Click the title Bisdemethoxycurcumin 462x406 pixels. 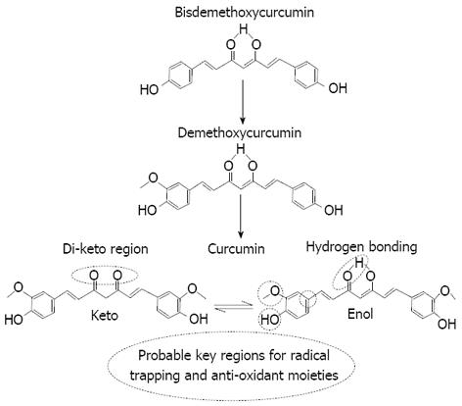pos(245,12)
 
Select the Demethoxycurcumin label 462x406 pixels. pos(240,133)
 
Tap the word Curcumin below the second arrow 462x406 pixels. pos(236,249)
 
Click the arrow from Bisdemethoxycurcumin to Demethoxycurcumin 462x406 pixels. pos(242,101)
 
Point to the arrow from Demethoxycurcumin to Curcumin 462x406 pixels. pos(241,216)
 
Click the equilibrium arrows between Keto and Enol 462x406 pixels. pos(234,307)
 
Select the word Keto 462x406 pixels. pos(105,316)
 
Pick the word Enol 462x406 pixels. pos(360,314)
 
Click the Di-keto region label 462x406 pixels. pos(106,249)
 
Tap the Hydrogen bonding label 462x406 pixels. pos(361,247)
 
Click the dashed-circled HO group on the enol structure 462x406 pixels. pos(269,320)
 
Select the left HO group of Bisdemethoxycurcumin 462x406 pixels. pos(149,89)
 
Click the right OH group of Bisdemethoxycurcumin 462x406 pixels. pos(338,88)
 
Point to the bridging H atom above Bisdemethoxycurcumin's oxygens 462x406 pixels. pos(243,29)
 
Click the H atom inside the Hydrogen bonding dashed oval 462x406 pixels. pos(359,262)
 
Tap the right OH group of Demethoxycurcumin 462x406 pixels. pos(334,210)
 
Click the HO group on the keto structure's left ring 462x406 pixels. pos(14,320)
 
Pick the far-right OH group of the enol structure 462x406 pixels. pos(447,324)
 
